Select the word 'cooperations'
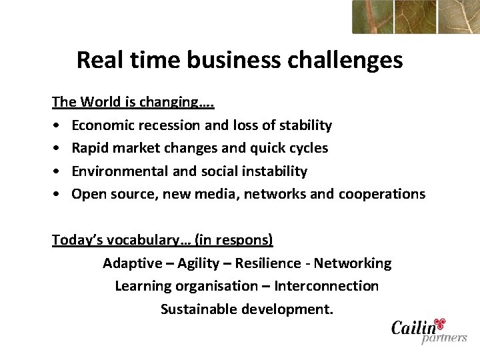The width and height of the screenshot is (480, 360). point(381,194)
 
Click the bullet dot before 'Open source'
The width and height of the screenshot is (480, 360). point(57,195)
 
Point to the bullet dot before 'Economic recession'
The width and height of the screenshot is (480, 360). point(57,126)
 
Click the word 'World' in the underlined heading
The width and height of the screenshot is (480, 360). point(101,103)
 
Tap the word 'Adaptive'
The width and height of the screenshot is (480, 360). point(132,263)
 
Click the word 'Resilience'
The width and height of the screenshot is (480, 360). point(267,263)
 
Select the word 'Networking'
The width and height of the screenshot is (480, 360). point(353,263)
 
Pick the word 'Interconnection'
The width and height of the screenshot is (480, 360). point(326,286)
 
